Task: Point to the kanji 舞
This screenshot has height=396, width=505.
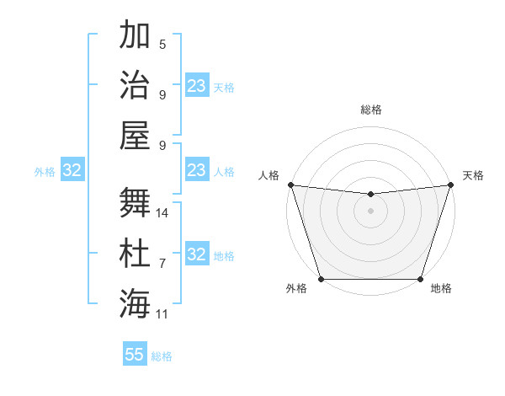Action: click(x=135, y=201)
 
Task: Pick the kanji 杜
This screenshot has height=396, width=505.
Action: click(x=135, y=252)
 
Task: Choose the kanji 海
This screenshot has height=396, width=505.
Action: click(x=135, y=302)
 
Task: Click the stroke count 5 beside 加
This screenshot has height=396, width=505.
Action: click(x=162, y=45)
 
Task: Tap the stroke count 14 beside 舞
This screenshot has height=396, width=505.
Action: click(x=163, y=213)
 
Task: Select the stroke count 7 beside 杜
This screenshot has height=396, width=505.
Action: click(x=162, y=264)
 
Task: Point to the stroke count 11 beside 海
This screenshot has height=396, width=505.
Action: click(x=162, y=314)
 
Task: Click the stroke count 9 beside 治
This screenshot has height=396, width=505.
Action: click(x=162, y=94)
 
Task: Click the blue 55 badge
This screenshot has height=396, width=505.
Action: click(x=135, y=355)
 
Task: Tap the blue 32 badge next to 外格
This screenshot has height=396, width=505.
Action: click(x=72, y=171)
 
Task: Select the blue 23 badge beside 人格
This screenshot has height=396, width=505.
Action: click(x=196, y=171)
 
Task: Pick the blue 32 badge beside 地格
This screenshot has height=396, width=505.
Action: click(x=196, y=255)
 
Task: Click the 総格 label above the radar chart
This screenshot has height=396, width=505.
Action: click(x=370, y=110)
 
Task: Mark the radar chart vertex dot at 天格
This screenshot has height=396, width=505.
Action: click(x=450, y=185)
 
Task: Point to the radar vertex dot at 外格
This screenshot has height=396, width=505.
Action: click(x=321, y=279)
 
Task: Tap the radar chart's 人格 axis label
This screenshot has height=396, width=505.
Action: click(x=269, y=175)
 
